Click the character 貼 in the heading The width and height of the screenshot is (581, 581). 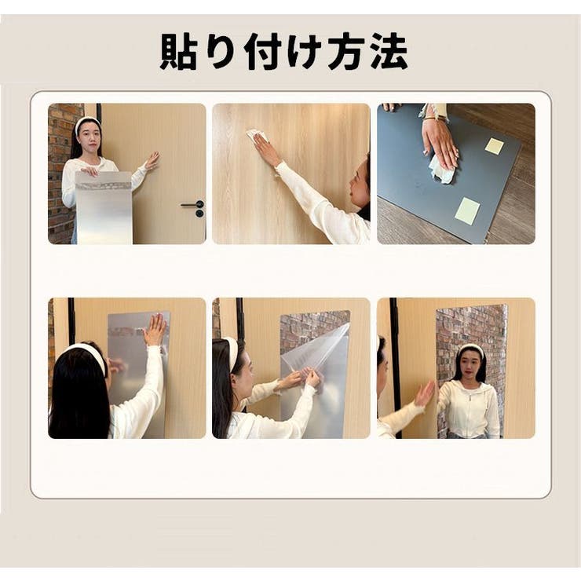pyautogui.click(x=178, y=53)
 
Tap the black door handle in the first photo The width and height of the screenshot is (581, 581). pyautogui.click(x=193, y=206)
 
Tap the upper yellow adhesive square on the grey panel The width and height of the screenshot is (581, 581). pyautogui.click(x=494, y=146)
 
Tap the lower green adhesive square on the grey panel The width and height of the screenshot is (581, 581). pyautogui.click(x=467, y=210)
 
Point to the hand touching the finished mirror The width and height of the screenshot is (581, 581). pyautogui.click(x=424, y=393)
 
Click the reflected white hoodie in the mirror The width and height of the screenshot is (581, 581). pyautogui.click(x=470, y=408)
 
